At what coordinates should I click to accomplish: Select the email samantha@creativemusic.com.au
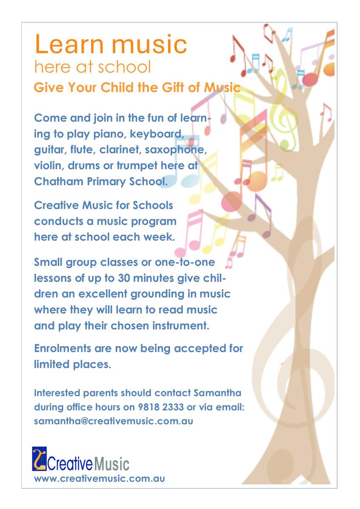point(113,422)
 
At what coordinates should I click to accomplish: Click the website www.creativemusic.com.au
point(99,478)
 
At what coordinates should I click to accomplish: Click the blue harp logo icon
point(39,459)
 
